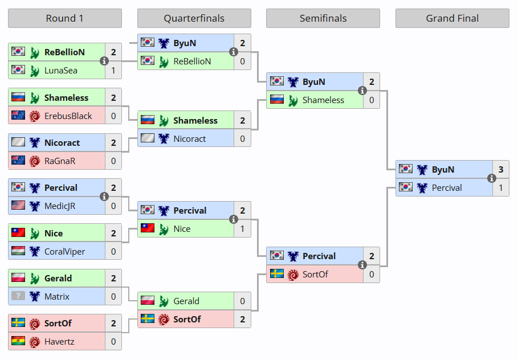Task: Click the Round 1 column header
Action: pyautogui.click(x=64, y=18)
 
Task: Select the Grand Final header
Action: pyautogui.click(x=452, y=18)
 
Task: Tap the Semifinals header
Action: pyautogui.click(x=323, y=18)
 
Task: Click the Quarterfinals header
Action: pyautogui.click(x=194, y=18)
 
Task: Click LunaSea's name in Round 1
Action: pyautogui.click(x=61, y=70)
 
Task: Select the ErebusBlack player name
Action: pyautogui.click(x=68, y=116)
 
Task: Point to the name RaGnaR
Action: pyautogui.click(x=60, y=161)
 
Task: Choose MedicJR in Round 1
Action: pyautogui.click(x=60, y=206)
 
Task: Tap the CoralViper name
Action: pyautogui.click(x=65, y=251)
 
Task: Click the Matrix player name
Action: pyautogui.click(x=57, y=296)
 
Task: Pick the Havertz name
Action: pyautogui.click(x=59, y=342)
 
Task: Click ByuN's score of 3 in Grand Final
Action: pyautogui.click(x=501, y=169)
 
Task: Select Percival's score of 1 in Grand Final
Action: pyautogui.click(x=501, y=187)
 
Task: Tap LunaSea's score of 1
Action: pyautogui.click(x=113, y=70)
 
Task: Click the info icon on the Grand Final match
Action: pyautogui.click(x=492, y=178)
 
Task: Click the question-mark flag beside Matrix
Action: pyautogui.click(x=18, y=296)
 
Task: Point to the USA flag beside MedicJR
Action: pyautogui.click(x=18, y=206)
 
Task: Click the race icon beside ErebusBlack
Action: pyautogui.click(x=34, y=116)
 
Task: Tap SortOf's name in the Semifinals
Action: pyautogui.click(x=315, y=274)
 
